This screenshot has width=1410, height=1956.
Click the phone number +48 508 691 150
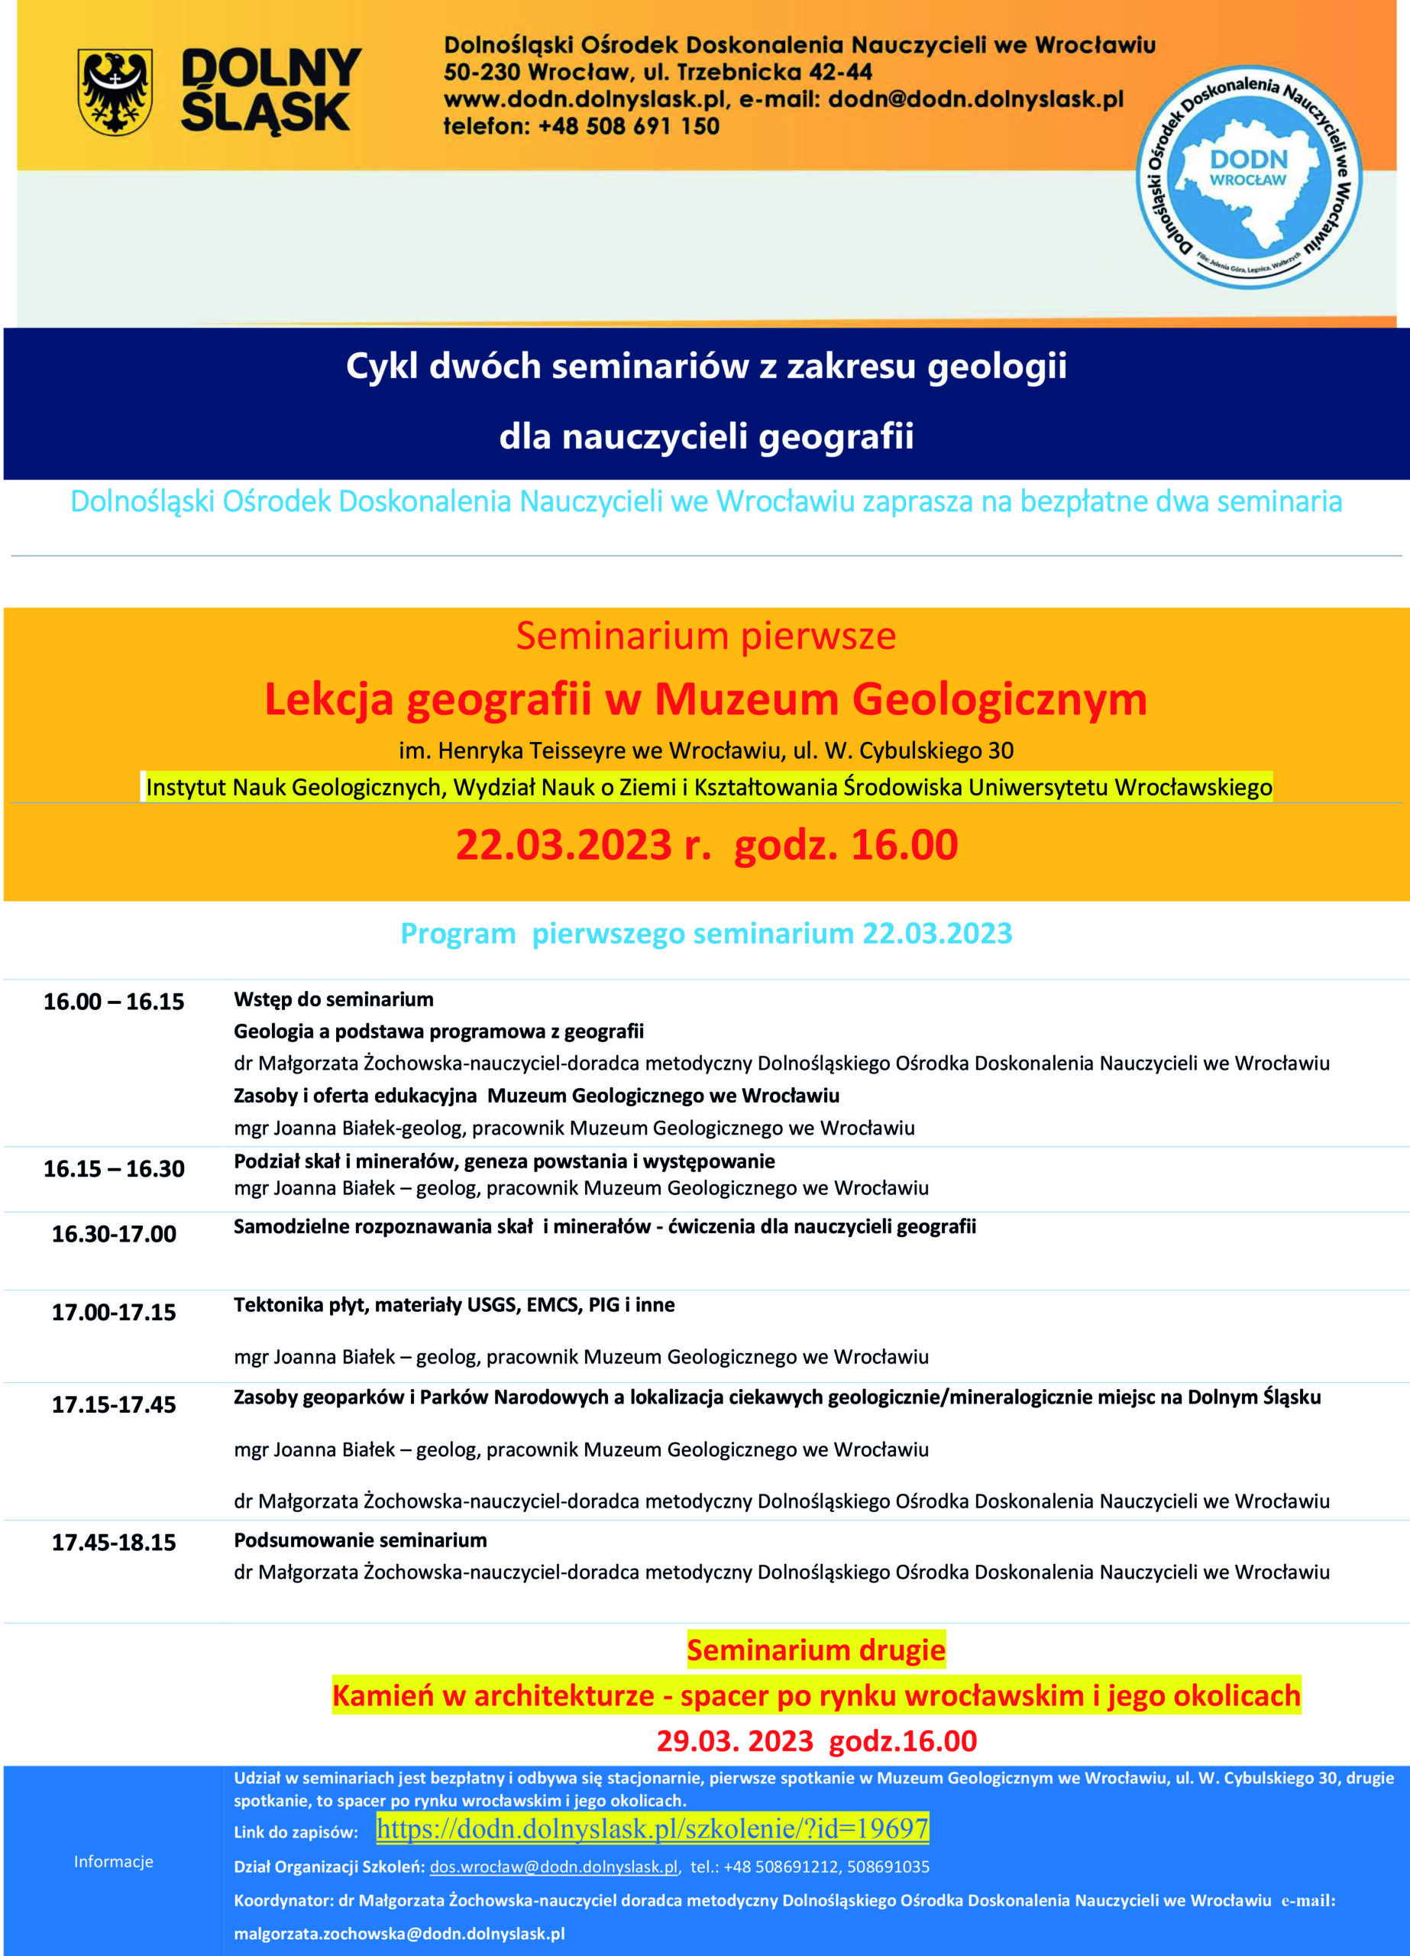coord(628,127)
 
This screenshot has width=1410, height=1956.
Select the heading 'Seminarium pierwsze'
coord(706,636)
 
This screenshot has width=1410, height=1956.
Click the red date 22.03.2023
coord(563,844)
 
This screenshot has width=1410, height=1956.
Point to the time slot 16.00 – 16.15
coord(114,1001)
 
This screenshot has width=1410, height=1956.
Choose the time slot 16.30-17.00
coord(114,1233)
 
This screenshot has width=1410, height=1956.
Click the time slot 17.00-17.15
coord(114,1312)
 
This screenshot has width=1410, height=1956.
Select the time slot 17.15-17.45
coord(114,1404)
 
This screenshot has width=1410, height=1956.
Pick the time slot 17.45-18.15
coord(114,1542)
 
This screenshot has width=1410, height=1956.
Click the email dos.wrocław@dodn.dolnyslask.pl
coord(554,1867)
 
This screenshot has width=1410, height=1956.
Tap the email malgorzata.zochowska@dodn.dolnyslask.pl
coord(399,1934)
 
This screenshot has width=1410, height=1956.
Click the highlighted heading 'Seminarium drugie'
coord(816,1650)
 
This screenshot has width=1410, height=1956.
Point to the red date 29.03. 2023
coord(735,1741)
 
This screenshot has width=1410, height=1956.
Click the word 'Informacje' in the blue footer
coord(114,1861)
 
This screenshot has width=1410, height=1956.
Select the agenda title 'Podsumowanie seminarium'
coord(361,1540)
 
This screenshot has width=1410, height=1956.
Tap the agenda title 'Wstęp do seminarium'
coord(334,999)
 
